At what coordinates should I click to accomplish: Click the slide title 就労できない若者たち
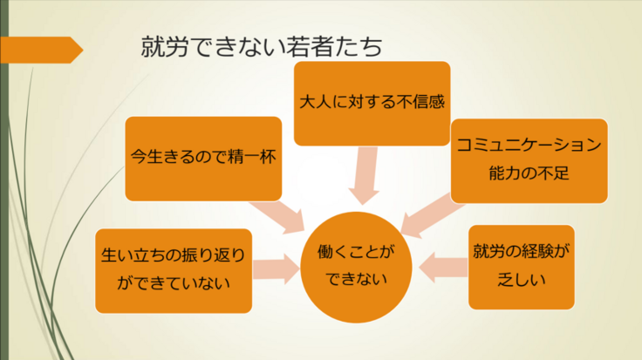pyautogui.click(x=262, y=48)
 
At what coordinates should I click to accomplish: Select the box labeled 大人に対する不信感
pyautogui.click(x=372, y=103)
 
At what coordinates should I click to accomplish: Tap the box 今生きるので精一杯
pyautogui.click(x=204, y=159)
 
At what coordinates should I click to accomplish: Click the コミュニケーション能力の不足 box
pyautogui.click(x=529, y=160)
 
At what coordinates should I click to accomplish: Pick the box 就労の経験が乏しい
pyautogui.click(x=521, y=267)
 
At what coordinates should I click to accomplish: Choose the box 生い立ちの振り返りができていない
pyautogui.click(x=174, y=270)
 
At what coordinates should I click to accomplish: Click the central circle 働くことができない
pyautogui.click(x=355, y=267)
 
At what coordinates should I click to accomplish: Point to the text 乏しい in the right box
pyautogui.click(x=521, y=280)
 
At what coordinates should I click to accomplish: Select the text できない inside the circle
pyautogui.click(x=355, y=282)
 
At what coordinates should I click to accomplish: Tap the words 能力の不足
pyautogui.click(x=529, y=173)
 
